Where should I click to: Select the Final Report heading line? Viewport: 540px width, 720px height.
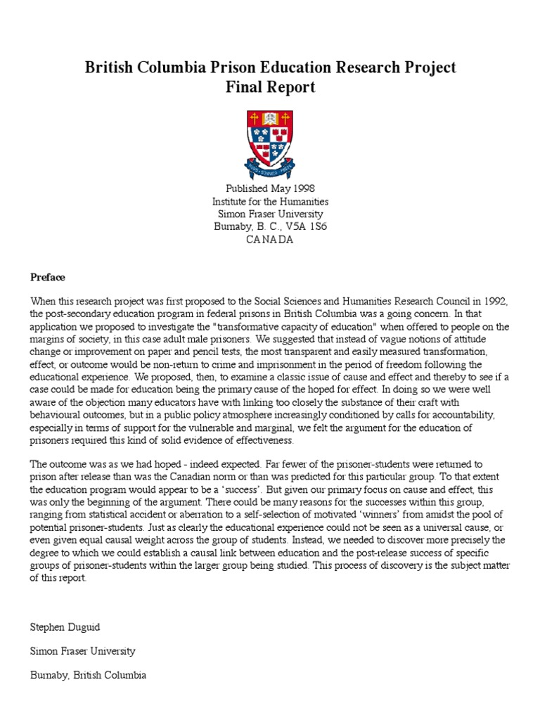pos(270,87)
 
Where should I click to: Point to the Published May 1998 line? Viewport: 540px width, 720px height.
pos(270,188)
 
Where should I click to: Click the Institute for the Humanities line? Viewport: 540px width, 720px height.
pos(270,201)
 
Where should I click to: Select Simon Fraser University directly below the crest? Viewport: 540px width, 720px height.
pos(270,214)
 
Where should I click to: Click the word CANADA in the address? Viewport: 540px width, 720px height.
pos(270,239)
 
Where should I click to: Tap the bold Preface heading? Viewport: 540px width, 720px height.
pos(47,276)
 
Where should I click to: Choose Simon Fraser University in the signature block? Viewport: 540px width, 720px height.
pos(82,650)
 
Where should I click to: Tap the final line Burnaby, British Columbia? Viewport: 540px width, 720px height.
pos(88,675)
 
